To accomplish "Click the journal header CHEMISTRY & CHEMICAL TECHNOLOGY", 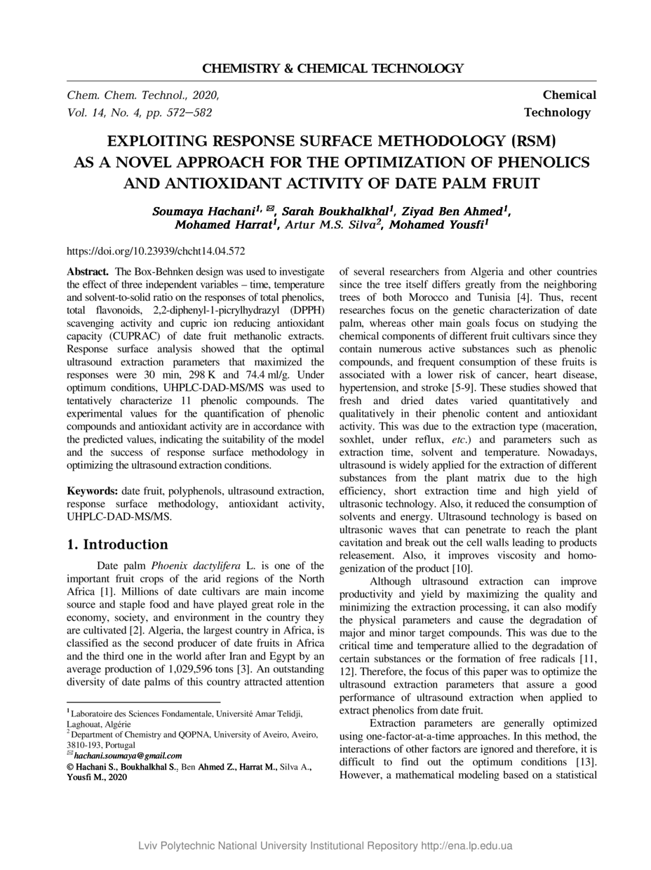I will [333, 69].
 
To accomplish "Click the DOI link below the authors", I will [156, 250].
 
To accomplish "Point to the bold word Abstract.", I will [87, 272].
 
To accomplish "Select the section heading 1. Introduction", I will [117, 544].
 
